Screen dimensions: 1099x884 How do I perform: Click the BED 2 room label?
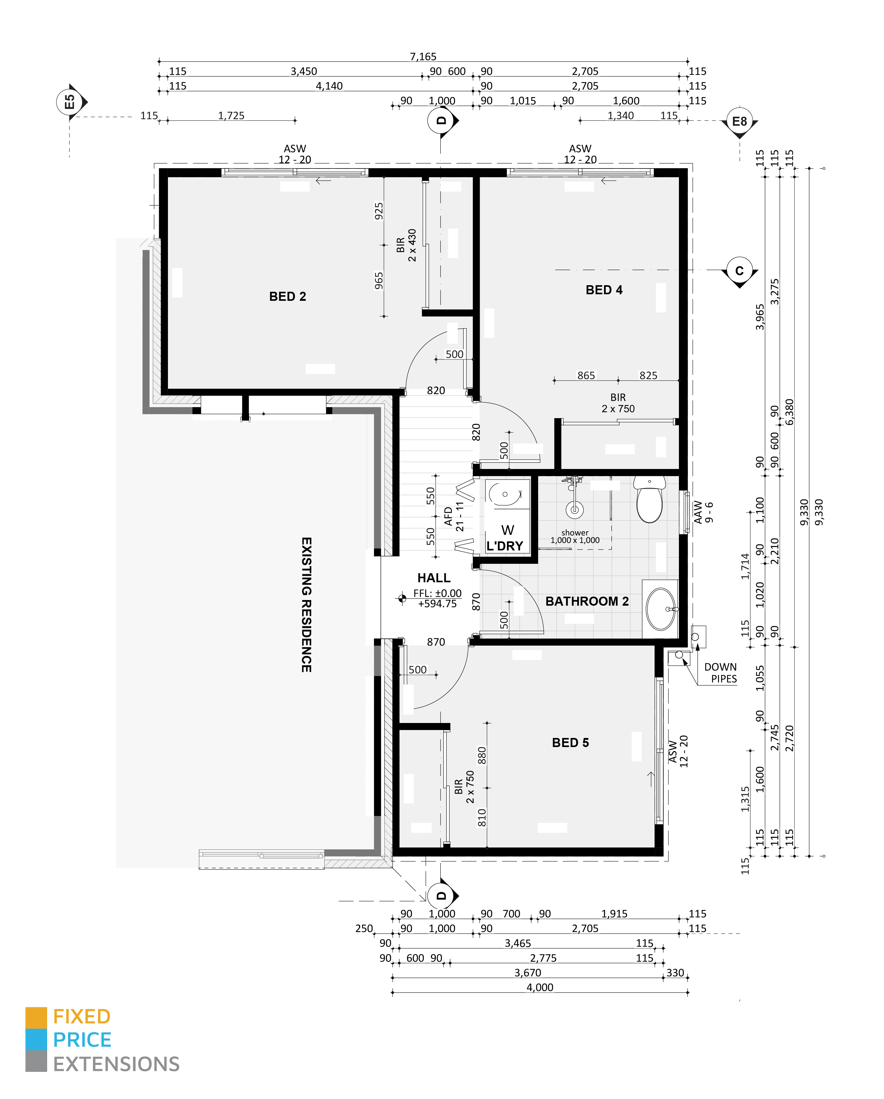(287, 297)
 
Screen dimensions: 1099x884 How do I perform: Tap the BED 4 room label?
(604, 290)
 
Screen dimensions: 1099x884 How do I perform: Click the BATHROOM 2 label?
(587, 602)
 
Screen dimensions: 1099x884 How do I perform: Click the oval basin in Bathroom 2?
(661, 609)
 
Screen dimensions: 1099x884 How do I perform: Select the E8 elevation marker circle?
(739, 121)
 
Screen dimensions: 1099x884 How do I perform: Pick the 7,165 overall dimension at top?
(423, 56)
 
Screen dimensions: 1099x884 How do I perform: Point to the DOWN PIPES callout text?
(721, 673)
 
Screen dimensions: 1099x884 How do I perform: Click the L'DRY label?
(505, 546)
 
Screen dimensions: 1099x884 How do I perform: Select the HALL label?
(434, 578)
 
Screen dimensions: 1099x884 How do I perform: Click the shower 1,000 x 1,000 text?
(575, 537)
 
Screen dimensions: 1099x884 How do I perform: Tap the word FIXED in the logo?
(81, 1017)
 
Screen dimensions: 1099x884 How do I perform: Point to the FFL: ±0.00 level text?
(437, 593)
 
